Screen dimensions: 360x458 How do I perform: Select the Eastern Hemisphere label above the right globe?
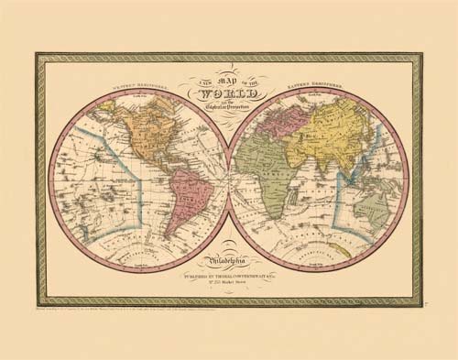[316, 87]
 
